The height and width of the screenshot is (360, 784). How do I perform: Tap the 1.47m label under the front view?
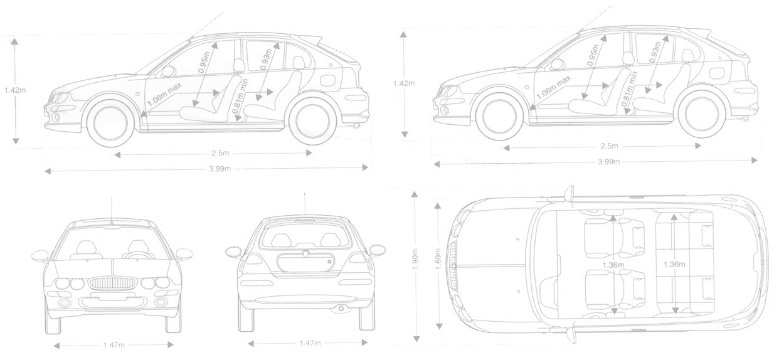pyautogui.click(x=114, y=346)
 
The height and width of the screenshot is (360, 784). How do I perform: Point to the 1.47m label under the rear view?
pyautogui.click(x=310, y=343)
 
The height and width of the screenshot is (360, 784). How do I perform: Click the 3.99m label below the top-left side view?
pyautogui.click(x=220, y=169)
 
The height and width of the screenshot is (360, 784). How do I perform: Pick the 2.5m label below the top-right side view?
pyautogui.click(x=610, y=146)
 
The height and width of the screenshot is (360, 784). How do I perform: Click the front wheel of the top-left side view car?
pyautogui.click(x=110, y=121)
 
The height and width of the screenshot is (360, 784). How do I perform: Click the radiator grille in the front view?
pyautogui.click(x=112, y=283)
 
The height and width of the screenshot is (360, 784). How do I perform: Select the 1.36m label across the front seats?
pyautogui.click(x=613, y=265)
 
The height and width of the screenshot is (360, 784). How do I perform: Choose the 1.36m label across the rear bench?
pyautogui.click(x=674, y=264)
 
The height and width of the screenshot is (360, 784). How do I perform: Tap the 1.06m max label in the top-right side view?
pyautogui.click(x=553, y=87)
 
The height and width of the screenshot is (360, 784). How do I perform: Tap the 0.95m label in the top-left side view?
pyautogui.click(x=204, y=62)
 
